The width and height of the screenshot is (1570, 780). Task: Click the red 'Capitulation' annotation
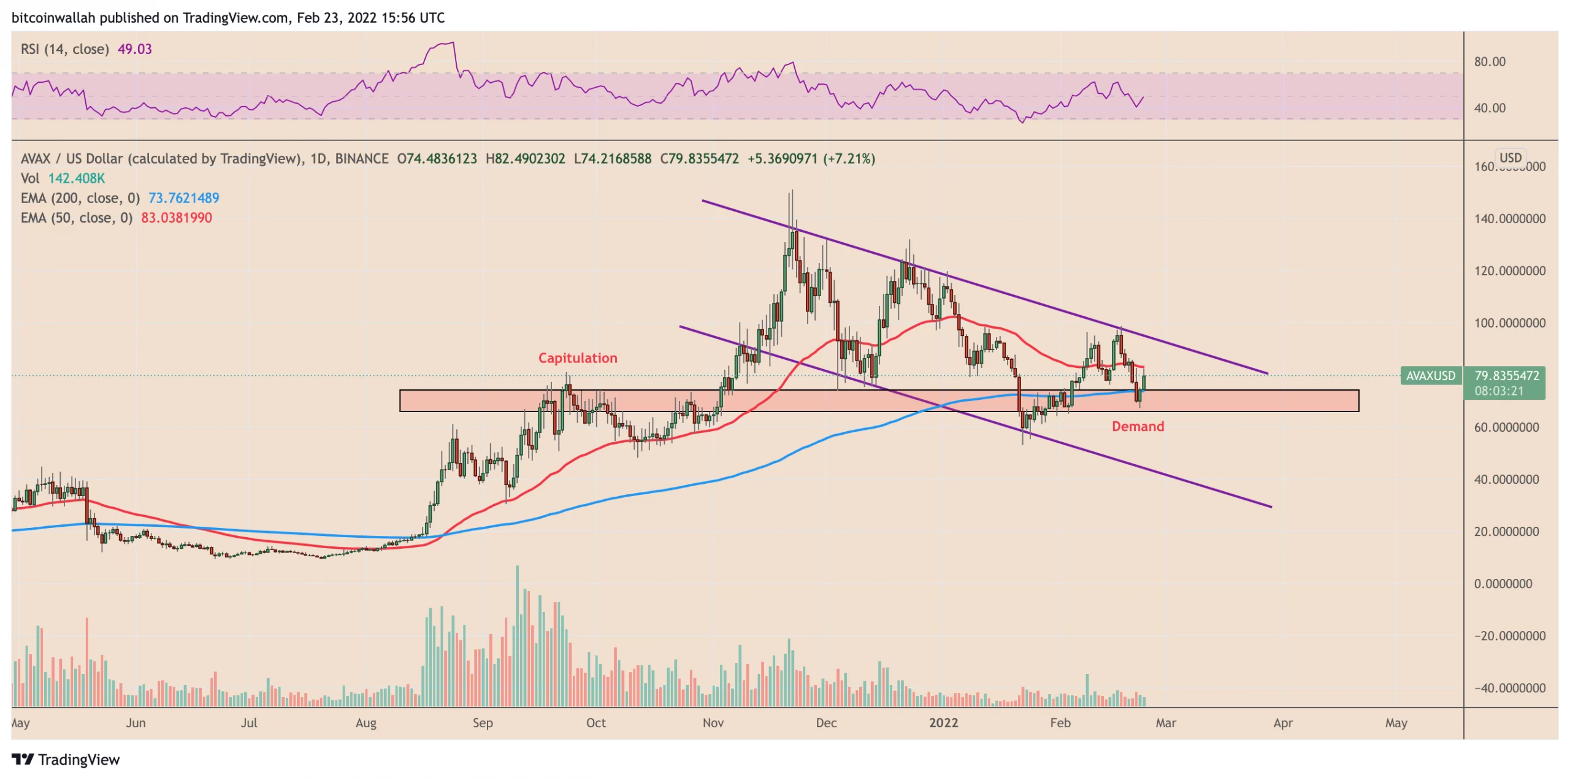(577, 357)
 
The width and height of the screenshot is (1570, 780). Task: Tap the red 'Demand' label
(1137, 426)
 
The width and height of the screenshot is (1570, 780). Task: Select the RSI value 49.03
(134, 49)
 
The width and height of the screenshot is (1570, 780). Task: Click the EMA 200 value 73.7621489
(183, 198)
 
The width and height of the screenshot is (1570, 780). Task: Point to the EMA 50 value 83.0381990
(176, 218)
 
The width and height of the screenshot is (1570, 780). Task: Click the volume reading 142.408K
(77, 178)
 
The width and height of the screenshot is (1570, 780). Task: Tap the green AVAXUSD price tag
(1430, 376)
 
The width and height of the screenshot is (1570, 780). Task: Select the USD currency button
(1509, 158)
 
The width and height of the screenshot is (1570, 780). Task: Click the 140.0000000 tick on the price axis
(1509, 219)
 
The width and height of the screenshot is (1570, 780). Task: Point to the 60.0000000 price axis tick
(1506, 427)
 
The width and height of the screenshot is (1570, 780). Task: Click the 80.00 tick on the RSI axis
(1489, 61)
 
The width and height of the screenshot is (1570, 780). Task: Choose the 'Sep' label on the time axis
(482, 723)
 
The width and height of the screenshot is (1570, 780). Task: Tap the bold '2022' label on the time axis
(943, 723)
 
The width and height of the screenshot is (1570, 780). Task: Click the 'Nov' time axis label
(713, 723)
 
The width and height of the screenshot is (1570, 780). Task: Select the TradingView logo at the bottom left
(66, 760)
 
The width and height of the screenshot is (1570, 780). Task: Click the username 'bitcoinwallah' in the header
(53, 18)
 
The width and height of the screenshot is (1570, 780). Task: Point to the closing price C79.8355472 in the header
(699, 159)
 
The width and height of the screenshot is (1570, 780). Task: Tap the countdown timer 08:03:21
(1498, 391)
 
